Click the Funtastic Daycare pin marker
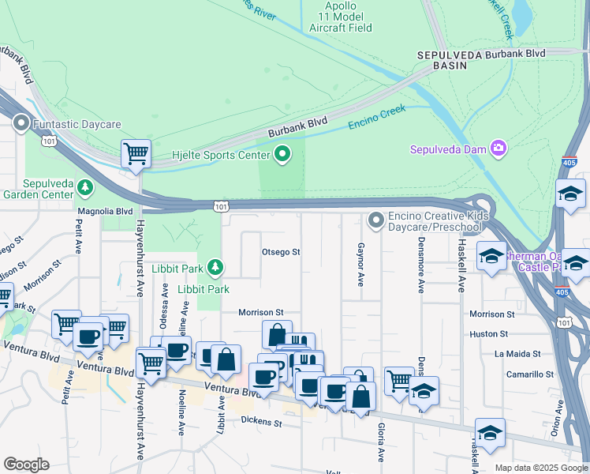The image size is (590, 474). (21, 124)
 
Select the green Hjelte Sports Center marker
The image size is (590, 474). (282, 154)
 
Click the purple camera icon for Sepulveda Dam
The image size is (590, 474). (498, 148)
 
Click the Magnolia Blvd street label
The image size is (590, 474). (105, 212)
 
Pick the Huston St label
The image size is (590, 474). (489, 334)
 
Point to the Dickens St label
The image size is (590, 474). (262, 423)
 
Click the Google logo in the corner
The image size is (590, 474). (26, 465)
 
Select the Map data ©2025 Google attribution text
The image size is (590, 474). (540, 468)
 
